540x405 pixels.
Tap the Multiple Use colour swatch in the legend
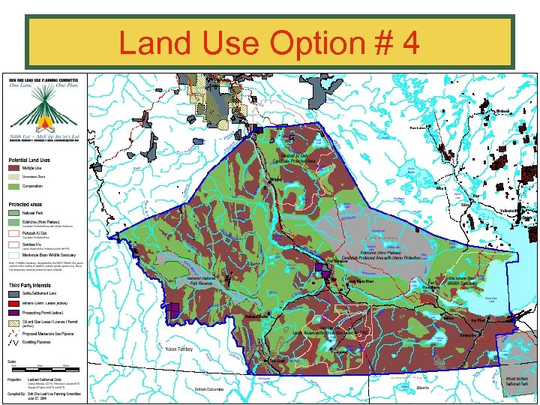[x=14, y=168]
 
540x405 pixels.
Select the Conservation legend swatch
[x=14, y=186]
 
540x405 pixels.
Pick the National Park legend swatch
[x=14, y=213]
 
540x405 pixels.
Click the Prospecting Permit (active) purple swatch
[x=14, y=312]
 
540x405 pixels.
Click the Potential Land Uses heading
[x=29, y=160]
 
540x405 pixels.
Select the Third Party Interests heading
[x=31, y=285]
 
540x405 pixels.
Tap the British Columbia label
[x=211, y=389]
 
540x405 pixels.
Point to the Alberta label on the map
[x=424, y=388]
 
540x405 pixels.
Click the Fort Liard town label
[x=277, y=361]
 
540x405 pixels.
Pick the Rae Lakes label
[x=416, y=128]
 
